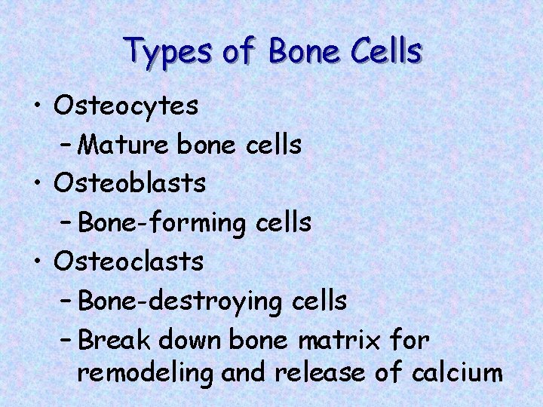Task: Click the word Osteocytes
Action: coord(126,106)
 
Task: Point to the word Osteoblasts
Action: coord(130,183)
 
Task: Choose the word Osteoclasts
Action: coord(129,262)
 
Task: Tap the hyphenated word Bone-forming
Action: coord(161,223)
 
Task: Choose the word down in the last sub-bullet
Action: coord(192,340)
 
